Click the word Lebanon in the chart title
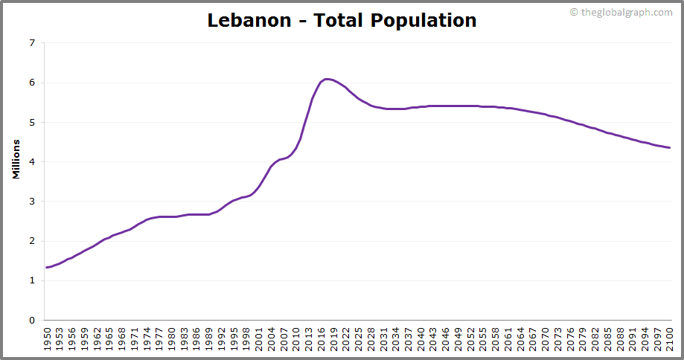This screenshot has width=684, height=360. coord(249,20)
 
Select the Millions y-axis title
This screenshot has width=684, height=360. coord(16,158)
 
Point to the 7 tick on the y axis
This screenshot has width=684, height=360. coord(31,43)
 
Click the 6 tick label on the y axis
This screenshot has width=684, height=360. coord(31,83)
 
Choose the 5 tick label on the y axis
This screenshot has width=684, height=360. coord(31,122)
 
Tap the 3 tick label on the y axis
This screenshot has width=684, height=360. coord(31,202)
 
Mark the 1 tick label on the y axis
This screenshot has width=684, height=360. coord(31,280)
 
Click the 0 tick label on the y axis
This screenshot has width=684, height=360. coord(31,321)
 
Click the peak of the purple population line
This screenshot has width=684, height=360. coord(325,79)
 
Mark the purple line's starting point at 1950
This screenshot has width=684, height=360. coord(47,267)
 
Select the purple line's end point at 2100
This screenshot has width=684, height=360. coord(669,147)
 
